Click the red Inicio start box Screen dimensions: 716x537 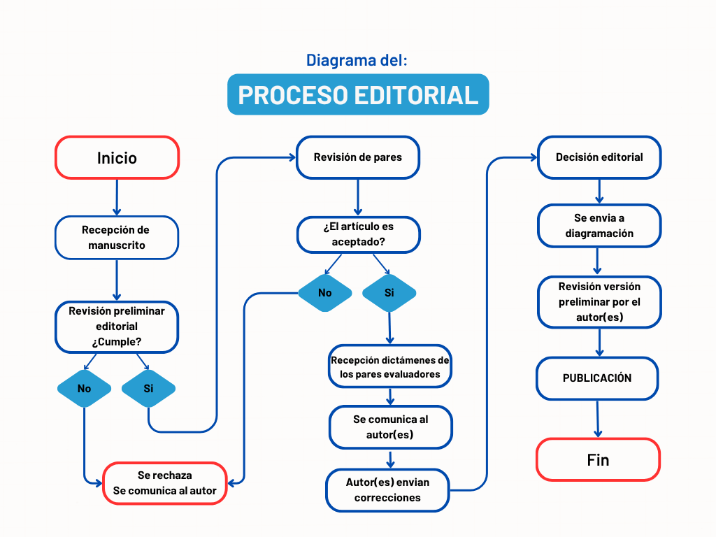(x=117, y=157)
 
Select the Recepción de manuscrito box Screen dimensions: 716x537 (x=117, y=238)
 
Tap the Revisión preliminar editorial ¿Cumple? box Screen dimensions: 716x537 (x=117, y=327)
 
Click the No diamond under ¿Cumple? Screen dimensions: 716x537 (x=84, y=388)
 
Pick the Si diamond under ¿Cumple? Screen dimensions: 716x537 (x=148, y=388)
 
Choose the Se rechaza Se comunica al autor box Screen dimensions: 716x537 (x=165, y=483)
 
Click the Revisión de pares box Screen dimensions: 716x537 (x=358, y=157)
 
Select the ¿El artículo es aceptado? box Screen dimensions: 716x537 (x=359, y=235)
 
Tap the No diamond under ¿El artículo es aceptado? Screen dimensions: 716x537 (x=325, y=293)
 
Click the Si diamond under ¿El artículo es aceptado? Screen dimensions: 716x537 (x=389, y=293)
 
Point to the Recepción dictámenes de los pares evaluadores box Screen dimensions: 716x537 (x=390, y=366)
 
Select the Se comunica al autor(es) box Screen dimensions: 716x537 (x=390, y=427)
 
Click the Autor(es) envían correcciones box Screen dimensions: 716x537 (x=387, y=490)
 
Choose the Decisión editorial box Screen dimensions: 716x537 (x=599, y=157)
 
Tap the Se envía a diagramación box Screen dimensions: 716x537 (x=599, y=226)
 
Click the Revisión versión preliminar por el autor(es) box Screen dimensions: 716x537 (x=599, y=302)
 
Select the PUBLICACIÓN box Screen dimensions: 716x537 (x=597, y=378)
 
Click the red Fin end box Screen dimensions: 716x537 (x=599, y=460)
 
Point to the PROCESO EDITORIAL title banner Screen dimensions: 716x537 (x=358, y=94)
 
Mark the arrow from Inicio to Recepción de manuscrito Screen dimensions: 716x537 (x=117, y=197)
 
